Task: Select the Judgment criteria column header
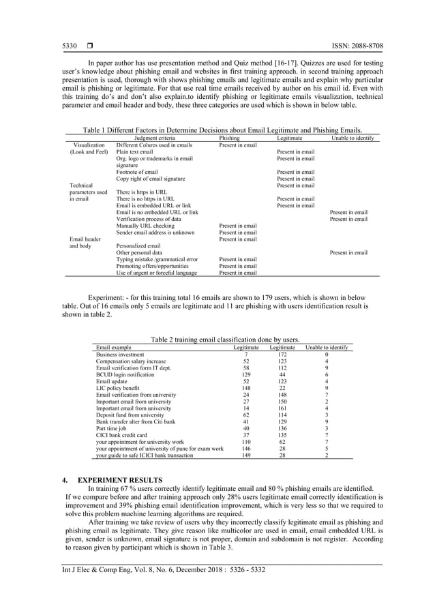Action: tap(155, 138)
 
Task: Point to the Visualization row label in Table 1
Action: tap(88, 145)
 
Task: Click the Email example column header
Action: tap(114, 348)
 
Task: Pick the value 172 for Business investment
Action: tap(282, 355)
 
